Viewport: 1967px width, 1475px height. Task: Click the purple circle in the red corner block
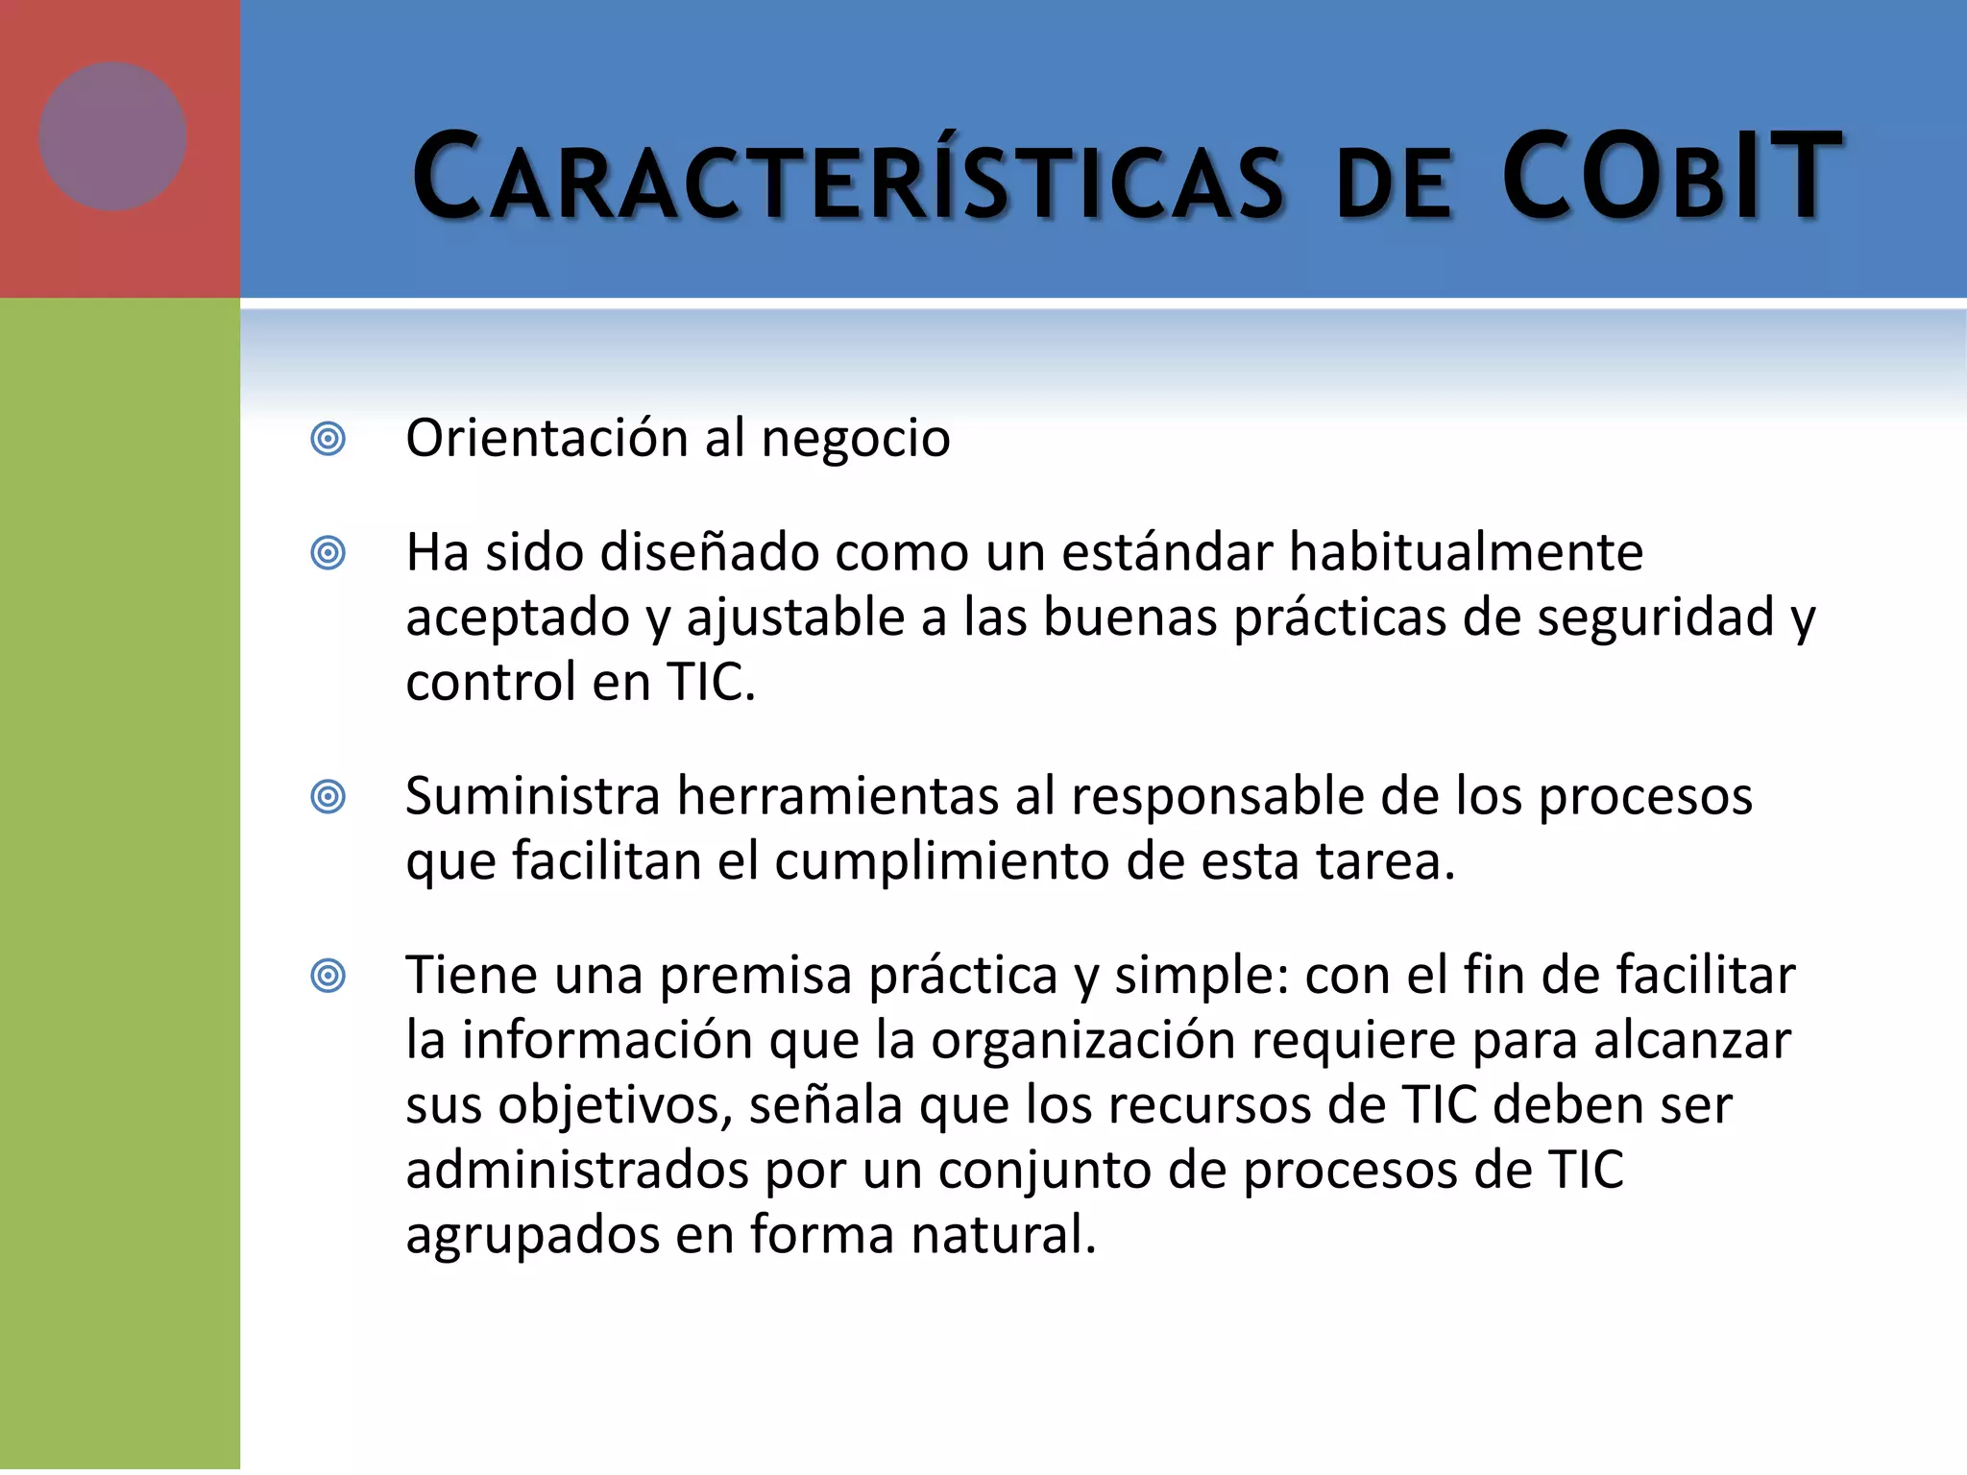point(112,136)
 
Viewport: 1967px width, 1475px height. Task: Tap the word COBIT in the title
point(1671,179)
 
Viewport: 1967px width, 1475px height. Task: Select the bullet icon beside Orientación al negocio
point(328,440)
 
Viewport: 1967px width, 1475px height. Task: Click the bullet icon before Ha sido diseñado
point(328,553)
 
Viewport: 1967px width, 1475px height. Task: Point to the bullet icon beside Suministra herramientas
point(328,797)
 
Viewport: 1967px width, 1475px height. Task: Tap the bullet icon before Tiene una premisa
point(328,977)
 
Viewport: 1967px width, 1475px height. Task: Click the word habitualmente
point(1466,552)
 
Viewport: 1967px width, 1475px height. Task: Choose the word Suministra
point(533,796)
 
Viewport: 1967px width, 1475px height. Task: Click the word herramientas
point(838,796)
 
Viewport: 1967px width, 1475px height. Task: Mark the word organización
point(1082,1041)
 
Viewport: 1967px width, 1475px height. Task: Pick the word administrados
point(577,1171)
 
